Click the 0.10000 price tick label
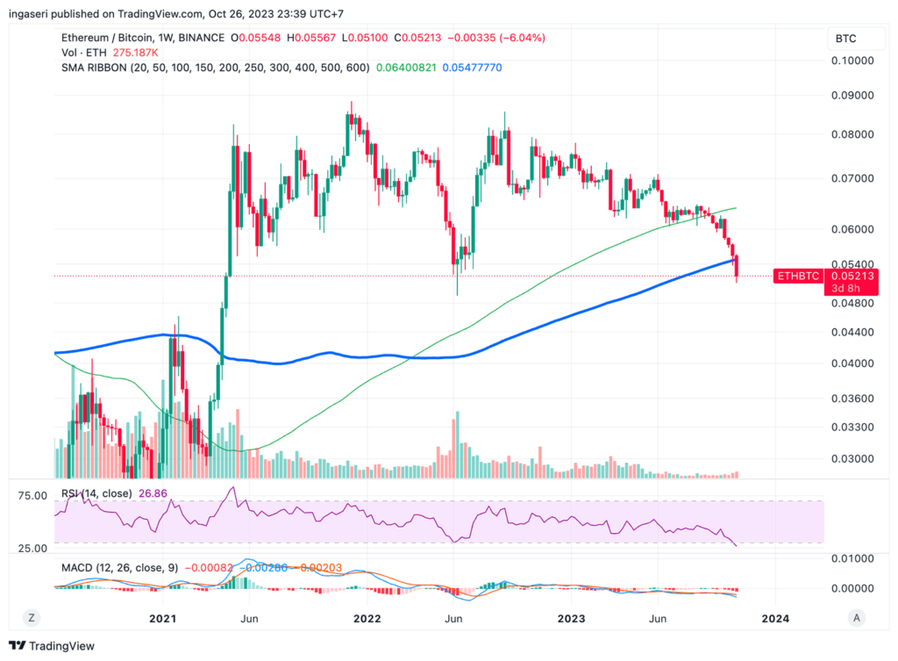click(x=852, y=61)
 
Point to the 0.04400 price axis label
click(x=852, y=332)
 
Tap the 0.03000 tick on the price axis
click(x=852, y=458)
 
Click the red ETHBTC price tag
click(x=798, y=276)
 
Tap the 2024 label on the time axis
click(x=775, y=618)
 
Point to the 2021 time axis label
click(x=163, y=618)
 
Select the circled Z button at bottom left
click(x=31, y=618)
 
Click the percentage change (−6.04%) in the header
click(x=521, y=38)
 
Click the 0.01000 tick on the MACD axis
click(x=852, y=558)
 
